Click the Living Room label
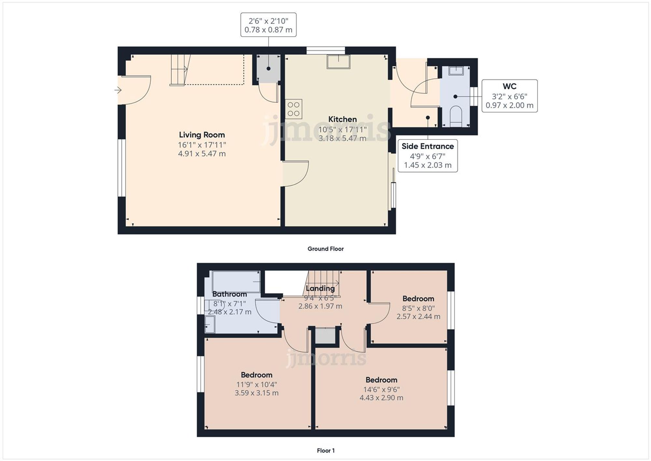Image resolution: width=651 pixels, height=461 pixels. (x=202, y=135)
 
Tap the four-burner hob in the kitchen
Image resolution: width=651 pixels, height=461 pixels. (x=294, y=109)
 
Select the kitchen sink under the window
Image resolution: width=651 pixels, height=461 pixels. (x=339, y=62)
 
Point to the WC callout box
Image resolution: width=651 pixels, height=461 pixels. (x=509, y=96)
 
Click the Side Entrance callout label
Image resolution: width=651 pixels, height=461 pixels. (x=427, y=146)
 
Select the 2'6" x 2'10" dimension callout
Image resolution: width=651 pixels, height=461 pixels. (x=268, y=25)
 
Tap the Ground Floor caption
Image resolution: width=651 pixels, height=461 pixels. (x=325, y=249)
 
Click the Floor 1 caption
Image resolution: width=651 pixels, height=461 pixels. (x=325, y=451)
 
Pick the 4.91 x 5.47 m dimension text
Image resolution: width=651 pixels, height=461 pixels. (x=202, y=154)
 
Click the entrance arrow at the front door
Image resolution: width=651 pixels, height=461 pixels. (x=118, y=90)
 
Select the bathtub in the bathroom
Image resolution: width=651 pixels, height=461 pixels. (x=236, y=282)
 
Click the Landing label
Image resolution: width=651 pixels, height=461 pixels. (x=320, y=288)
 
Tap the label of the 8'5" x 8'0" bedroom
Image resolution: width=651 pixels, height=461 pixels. (x=418, y=299)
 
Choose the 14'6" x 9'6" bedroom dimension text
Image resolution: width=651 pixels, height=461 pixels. (x=381, y=389)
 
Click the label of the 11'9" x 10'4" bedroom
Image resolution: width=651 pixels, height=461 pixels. (x=256, y=375)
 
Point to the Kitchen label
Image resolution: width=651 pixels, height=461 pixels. (x=342, y=119)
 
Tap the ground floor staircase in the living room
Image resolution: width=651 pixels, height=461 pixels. (x=180, y=70)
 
